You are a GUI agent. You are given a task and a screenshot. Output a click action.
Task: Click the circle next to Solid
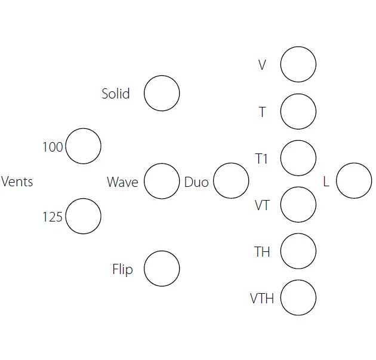click(x=162, y=93)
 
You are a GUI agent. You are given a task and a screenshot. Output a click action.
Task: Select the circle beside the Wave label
click(x=162, y=181)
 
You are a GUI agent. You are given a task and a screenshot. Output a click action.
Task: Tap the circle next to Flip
click(x=162, y=269)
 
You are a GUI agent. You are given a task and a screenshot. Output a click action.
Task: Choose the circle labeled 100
click(x=83, y=146)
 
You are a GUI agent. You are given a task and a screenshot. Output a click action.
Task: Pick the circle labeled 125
click(x=83, y=216)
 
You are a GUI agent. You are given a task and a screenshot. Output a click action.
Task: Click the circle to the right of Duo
click(x=231, y=181)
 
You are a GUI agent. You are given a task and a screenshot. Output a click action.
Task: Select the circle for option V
click(x=298, y=64)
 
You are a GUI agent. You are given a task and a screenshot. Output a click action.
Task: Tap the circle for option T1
click(x=298, y=158)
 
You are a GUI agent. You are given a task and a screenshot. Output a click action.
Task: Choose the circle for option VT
click(x=298, y=204)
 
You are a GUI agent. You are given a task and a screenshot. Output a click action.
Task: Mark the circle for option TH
click(x=298, y=251)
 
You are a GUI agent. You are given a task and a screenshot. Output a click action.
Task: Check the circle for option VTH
click(x=298, y=297)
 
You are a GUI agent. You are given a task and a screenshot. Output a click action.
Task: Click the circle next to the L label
click(x=354, y=181)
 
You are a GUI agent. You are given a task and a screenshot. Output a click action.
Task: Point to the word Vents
click(x=17, y=181)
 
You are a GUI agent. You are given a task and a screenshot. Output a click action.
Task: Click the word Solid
click(x=115, y=94)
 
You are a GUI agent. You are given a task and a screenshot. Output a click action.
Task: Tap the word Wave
click(x=122, y=181)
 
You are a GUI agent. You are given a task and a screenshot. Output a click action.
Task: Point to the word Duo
click(x=196, y=181)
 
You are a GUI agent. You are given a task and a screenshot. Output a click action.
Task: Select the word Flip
click(x=122, y=269)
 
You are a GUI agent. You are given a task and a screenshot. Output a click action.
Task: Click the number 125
click(x=53, y=217)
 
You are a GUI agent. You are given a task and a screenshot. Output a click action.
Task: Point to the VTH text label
click(x=262, y=298)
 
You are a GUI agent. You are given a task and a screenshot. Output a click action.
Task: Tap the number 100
click(x=53, y=147)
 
